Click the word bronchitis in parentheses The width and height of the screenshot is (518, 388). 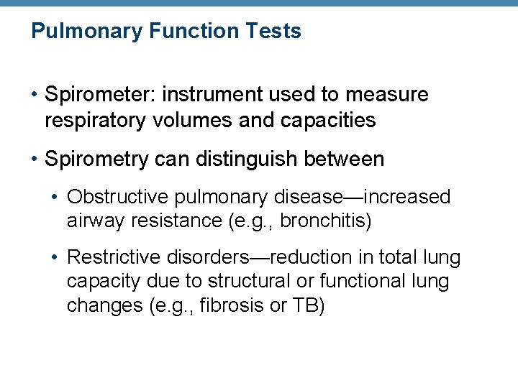(324, 221)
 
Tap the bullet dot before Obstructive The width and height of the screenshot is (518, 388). (57, 197)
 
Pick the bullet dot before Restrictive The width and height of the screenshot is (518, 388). (57, 257)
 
